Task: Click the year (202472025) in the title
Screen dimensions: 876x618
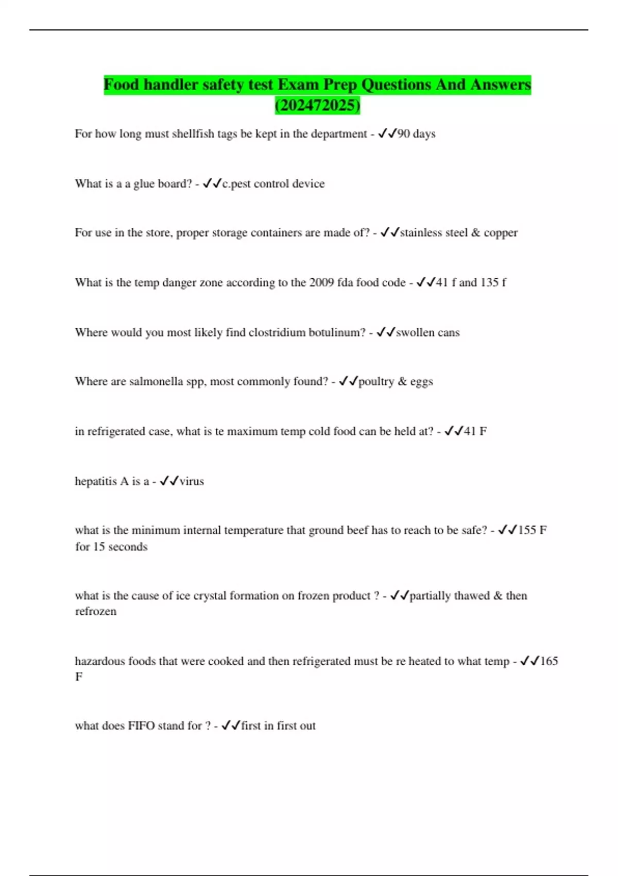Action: (317, 105)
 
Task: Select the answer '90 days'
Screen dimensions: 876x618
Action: (416, 133)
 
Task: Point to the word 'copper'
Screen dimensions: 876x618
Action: (500, 232)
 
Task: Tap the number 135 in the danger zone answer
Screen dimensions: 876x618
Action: (489, 282)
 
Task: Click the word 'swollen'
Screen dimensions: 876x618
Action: (415, 332)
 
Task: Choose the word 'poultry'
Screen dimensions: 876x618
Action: (376, 381)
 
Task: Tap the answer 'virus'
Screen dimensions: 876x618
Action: (192, 481)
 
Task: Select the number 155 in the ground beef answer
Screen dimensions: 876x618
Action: (527, 530)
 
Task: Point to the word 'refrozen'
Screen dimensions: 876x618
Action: (96, 612)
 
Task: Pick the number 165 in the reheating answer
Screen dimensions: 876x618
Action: (549, 661)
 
